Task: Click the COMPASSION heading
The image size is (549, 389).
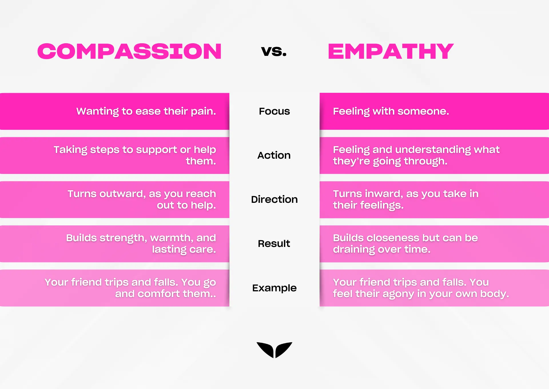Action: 130,52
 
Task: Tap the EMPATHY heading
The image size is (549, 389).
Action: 391,52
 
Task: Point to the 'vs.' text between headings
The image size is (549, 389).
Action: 274,51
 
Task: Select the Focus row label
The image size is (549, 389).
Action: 274,111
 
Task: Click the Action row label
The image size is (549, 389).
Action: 274,155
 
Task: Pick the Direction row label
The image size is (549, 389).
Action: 274,199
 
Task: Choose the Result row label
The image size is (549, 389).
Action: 274,243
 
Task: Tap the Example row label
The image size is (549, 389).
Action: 274,288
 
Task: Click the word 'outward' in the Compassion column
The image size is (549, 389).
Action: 122,194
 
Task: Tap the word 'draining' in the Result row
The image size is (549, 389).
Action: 354,249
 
